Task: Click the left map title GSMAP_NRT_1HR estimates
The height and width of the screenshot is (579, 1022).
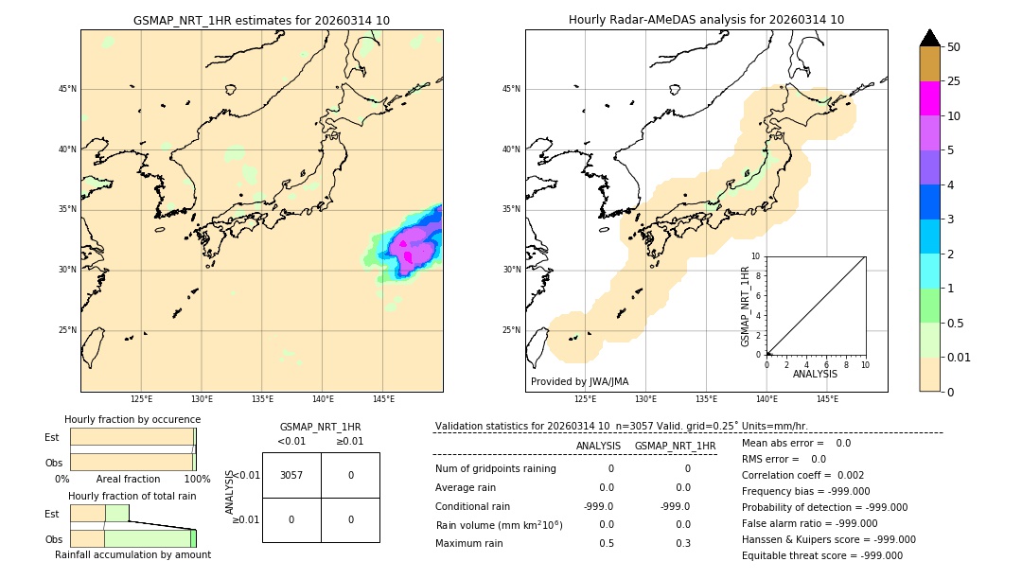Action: point(261,20)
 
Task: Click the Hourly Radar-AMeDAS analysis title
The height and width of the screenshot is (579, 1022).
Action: point(706,20)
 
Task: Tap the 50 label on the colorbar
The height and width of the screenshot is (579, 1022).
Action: point(954,47)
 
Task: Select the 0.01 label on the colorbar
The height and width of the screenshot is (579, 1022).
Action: point(960,357)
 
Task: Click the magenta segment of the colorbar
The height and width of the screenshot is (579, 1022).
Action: point(929,98)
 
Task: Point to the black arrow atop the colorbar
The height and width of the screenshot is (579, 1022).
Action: point(929,38)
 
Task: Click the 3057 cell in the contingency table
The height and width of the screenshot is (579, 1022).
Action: point(291,475)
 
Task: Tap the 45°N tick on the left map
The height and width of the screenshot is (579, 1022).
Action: point(67,89)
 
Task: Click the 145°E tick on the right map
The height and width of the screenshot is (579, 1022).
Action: point(827,399)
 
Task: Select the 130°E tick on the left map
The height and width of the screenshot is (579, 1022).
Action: point(202,399)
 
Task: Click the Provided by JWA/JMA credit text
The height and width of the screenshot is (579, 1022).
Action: point(579,382)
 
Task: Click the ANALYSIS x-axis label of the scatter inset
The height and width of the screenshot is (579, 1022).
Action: point(815,375)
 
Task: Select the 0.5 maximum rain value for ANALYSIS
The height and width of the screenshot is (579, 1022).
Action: point(606,543)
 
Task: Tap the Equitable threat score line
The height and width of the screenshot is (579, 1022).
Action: point(821,555)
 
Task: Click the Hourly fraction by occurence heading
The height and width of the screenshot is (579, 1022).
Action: point(132,419)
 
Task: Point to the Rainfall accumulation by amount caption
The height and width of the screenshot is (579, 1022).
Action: point(132,554)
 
